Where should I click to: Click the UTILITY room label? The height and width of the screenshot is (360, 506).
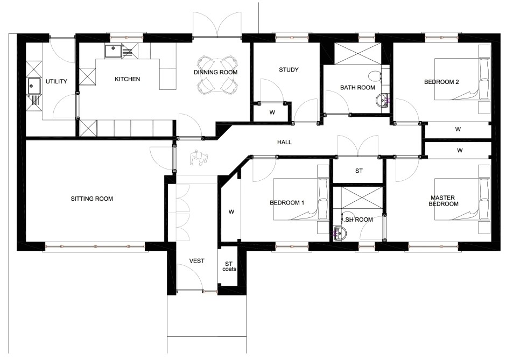point(57,81)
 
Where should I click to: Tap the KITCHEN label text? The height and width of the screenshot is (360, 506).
point(128,79)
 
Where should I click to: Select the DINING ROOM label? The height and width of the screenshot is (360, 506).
point(215,72)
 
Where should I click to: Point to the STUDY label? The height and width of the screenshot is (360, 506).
point(289,69)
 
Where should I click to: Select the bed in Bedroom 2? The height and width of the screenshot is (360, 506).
point(462,79)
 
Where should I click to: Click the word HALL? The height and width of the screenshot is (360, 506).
point(284,142)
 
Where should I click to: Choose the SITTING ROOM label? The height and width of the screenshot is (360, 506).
point(92,199)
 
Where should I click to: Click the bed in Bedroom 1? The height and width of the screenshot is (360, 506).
point(301,199)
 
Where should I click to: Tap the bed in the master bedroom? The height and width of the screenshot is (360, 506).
point(462,199)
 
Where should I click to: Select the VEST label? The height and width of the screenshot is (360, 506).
point(196,261)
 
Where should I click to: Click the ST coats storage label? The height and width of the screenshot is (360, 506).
point(229,266)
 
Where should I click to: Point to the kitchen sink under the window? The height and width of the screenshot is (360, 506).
point(114,51)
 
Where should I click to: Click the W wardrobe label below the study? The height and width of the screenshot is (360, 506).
point(272,112)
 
